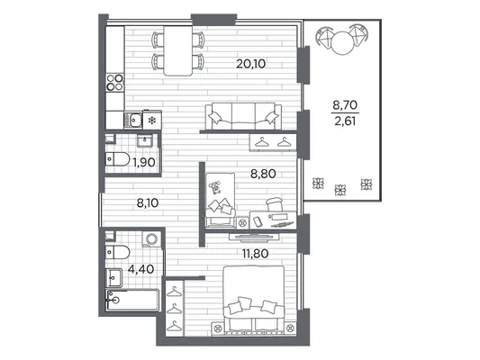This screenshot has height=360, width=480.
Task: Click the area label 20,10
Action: pyautogui.click(x=250, y=64)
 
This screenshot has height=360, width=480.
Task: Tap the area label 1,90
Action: pyautogui.click(x=144, y=162)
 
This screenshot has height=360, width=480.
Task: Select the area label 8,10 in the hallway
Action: pyautogui.click(x=148, y=202)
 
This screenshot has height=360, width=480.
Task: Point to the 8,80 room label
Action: pyautogui.click(x=263, y=174)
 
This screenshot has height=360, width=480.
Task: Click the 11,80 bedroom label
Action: pyautogui.click(x=255, y=254)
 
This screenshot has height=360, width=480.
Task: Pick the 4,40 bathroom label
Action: pyautogui.click(x=140, y=269)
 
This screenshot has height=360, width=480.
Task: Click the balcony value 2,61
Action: pyautogui.click(x=345, y=121)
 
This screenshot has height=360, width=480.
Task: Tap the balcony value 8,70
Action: pyautogui.click(x=345, y=105)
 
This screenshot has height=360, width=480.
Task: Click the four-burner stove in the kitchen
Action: pyautogui.click(x=114, y=83)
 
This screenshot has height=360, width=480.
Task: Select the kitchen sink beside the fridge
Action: pyautogui.click(x=133, y=120)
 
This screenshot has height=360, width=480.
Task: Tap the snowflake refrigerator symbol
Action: pyautogui.click(x=151, y=121)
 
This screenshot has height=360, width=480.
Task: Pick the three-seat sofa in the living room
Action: pyautogui.click(x=243, y=116)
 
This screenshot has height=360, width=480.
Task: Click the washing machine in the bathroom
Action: pyautogui.click(x=151, y=238)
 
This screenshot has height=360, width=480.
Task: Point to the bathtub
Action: pyautogui.click(x=132, y=300)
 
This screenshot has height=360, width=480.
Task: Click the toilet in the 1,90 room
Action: pyautogui.click(x=117, y=159)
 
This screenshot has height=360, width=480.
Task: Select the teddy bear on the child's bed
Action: pyautogui.click(x=215, y=187)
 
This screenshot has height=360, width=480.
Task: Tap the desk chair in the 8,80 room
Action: pyautogui.click(x=274, y=204)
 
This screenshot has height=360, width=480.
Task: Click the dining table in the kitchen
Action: pyautogui.click(x=177, y=50)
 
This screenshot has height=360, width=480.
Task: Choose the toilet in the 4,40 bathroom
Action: pyautogui.click(x=117, y=252)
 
